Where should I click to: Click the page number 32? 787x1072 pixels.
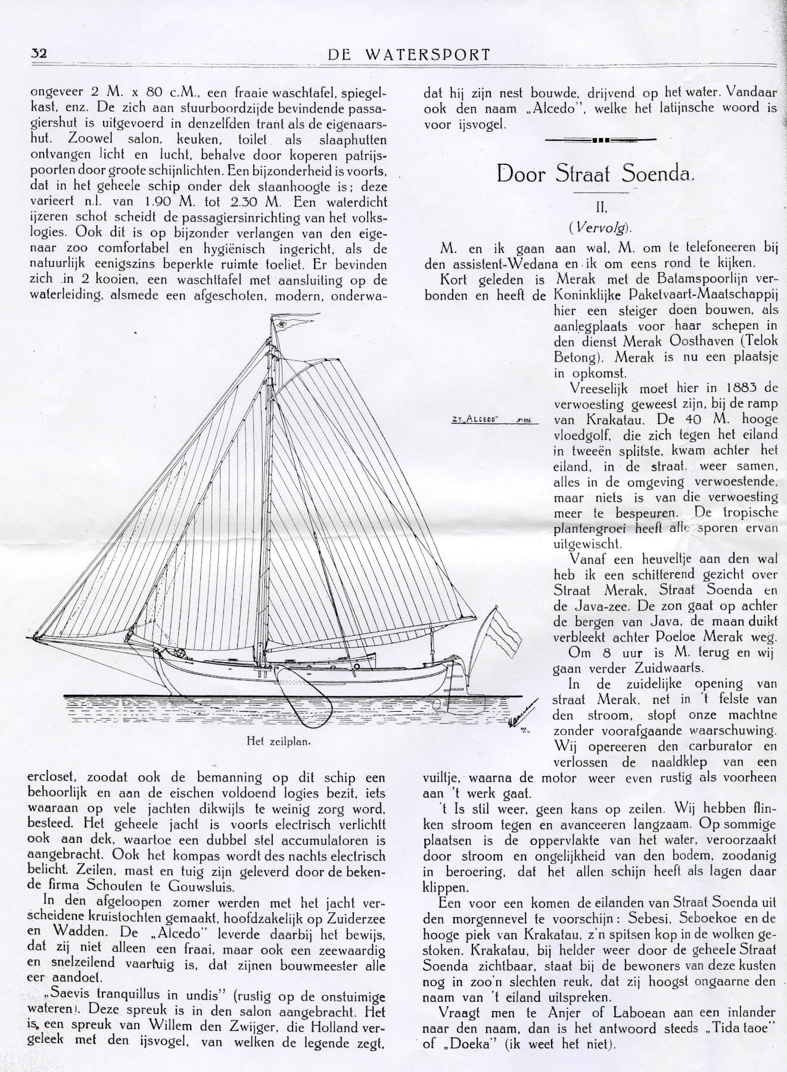tap(39, 53)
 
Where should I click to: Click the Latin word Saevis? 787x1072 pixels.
tap(62, 996)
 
